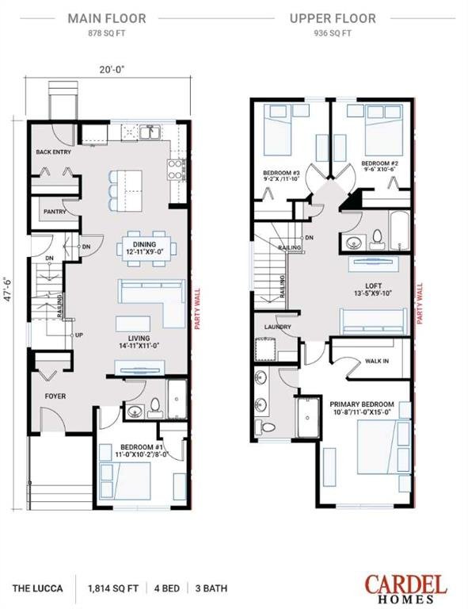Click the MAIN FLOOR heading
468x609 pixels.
coord(107,18)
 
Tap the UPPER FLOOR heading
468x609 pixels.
coord(333,18)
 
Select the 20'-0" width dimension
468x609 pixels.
coord(112,70)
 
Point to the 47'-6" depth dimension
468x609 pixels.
coord(8,289)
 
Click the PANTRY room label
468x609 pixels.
coord(55,212)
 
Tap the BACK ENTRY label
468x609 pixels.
coord(54,152)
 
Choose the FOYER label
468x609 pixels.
coord(55,396)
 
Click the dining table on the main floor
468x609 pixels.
coord(146,248)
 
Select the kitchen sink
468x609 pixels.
coord(151,132)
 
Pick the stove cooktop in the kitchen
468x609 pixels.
coord(175,170)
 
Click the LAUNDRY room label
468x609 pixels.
coord(278,327)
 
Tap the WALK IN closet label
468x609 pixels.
coord(377,361)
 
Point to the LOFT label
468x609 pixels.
coord(374,285)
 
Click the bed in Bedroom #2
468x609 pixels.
coord(383,130)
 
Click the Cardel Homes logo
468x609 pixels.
coord(405,588)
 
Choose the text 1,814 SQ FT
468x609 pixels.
coord(112,588)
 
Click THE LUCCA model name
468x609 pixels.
coord(37,588)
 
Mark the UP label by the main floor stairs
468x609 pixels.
coord(78,335)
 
